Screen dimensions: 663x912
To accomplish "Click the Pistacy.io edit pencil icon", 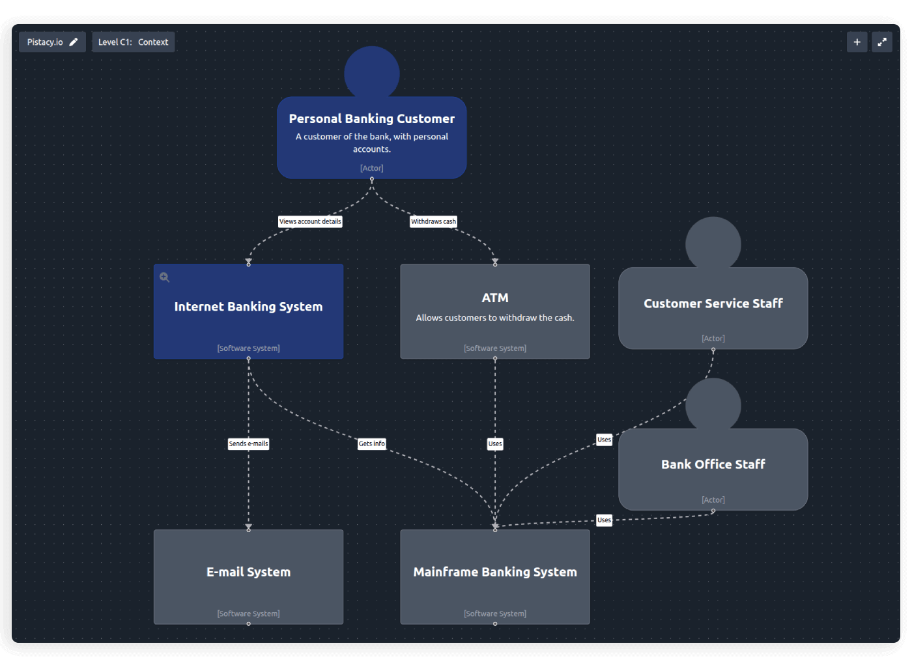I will pos(74,42).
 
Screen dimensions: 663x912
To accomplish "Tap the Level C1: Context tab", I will pos(133,42).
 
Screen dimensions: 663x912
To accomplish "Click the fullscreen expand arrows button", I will pos(882,42).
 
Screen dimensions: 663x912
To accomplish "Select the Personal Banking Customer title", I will pos(371,119).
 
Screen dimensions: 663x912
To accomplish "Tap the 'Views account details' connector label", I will pos(310,221).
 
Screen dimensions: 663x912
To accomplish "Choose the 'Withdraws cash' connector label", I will pos(433,221).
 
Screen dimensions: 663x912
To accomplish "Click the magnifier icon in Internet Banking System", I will pos(165,277).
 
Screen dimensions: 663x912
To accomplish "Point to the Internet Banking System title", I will pos(248,307).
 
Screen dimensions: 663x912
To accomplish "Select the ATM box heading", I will pos(495,298).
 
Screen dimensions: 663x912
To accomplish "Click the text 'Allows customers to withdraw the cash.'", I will pos(495,318).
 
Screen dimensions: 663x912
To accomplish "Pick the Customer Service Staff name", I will pos(713,303).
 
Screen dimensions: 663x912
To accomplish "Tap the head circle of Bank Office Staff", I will pos(713,404).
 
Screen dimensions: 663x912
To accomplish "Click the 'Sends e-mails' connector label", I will pos(248,444).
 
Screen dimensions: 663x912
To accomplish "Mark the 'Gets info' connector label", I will pos(371,444).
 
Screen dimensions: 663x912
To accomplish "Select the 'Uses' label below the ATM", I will pos(495,444).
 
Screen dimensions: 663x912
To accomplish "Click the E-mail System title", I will pos(248,572).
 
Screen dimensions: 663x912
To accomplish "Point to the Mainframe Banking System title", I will pos(495,572).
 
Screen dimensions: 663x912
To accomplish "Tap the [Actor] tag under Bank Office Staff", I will pos(713,500).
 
